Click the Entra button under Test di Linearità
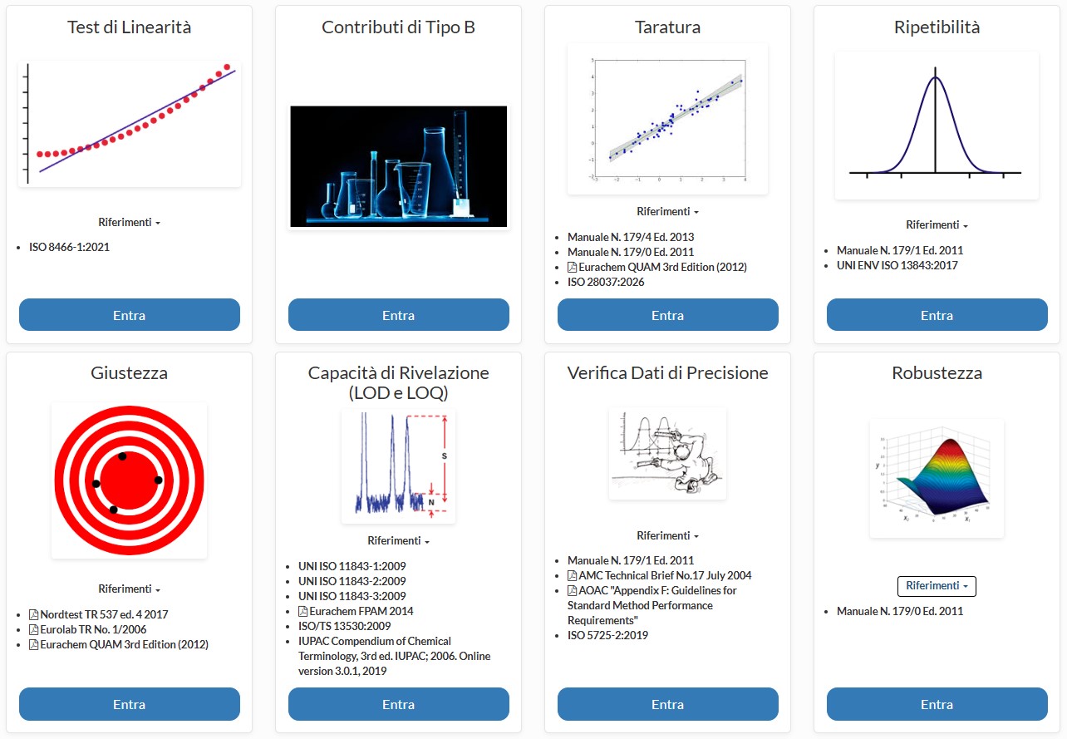click(x=129, y=314)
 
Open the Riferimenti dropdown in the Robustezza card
click(x=937, y=585)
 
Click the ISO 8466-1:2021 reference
click(x=69, y=247)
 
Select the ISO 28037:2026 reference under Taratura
click(x=606, y=282)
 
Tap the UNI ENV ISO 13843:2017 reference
click(x=897, y=265)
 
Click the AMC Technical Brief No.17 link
click(x=659, y=575)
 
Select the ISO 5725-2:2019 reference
click(x=607, y=634)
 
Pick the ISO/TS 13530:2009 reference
click(x=344, y=626)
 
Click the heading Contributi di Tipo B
click(x=398, y=27)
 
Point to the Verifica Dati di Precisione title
click(x=667, y=372)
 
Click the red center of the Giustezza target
click(x=129, y=480)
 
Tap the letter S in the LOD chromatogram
click(x=444, y=456)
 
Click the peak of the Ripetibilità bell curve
click(x=935, y=76)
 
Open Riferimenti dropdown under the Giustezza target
click(x=129, y=589)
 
